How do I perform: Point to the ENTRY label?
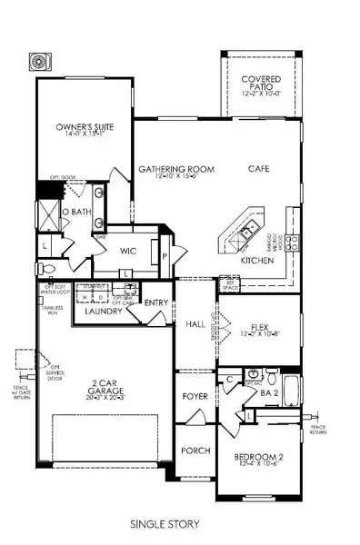point(155,303)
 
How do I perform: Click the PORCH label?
point(195,451)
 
